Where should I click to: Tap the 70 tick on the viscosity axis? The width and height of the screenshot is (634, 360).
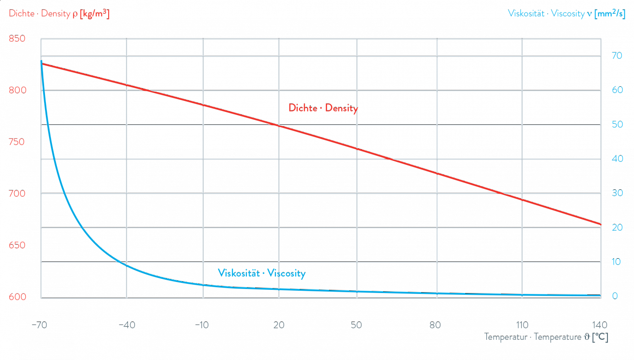617,56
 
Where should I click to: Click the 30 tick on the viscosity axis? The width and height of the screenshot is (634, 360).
617,194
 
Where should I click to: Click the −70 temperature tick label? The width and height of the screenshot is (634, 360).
40,326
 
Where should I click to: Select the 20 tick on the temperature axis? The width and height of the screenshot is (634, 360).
279,326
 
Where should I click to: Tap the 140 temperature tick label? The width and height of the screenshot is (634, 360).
600,326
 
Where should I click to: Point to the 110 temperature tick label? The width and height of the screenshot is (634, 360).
522,326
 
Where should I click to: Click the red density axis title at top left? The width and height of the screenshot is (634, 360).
59,14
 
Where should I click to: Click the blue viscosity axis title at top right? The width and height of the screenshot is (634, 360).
567,14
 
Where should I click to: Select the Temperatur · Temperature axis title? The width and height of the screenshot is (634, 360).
546,338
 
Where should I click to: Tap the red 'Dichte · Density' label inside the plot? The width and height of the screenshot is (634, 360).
323,109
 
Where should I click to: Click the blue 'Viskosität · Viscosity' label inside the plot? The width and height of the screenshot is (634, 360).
261,274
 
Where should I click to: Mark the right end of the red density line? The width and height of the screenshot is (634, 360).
600,225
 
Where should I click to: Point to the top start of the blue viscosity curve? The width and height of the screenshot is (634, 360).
41,61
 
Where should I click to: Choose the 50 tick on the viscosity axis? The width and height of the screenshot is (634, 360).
617,125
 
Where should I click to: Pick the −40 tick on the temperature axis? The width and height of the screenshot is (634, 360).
126,326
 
